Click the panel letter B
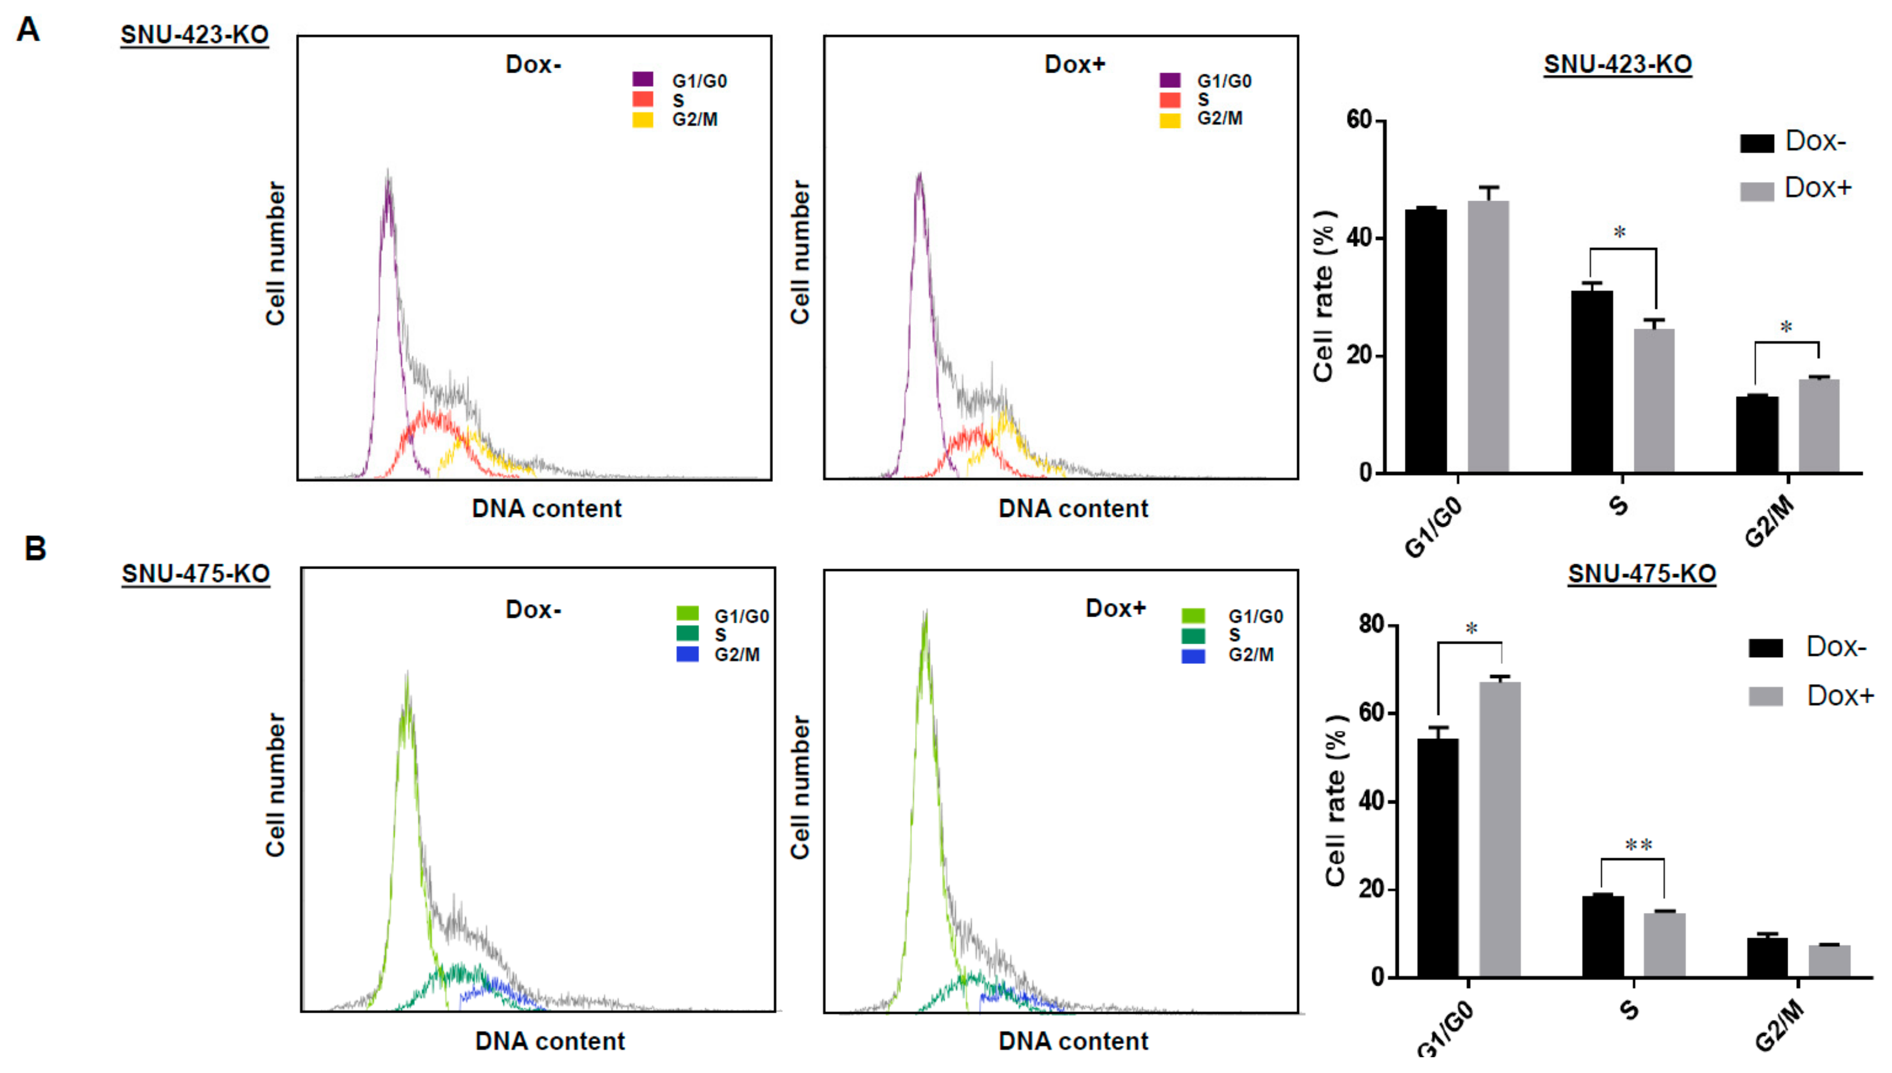point(34,548)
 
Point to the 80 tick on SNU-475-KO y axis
point(1371,625)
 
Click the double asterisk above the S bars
point(1638,845)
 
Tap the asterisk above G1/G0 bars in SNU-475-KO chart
point(1471,628)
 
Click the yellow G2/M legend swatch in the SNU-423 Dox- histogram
point(642,119)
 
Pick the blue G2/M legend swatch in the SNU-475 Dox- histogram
point(687,654)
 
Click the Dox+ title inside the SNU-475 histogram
point(1115,608)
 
